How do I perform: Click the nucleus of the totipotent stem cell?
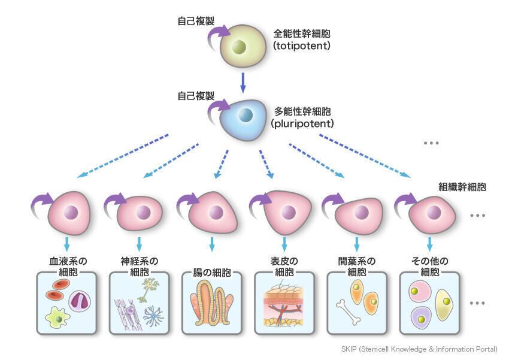240,47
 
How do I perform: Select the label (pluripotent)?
304,123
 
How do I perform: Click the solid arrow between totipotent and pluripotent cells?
243,82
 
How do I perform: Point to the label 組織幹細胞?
462,187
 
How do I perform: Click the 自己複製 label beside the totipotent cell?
195,21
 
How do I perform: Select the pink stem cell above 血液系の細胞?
69,213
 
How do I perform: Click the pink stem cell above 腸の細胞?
214,213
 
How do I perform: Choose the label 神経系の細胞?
139,266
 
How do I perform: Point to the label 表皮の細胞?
284,266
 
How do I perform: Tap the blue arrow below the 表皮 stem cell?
284,244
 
